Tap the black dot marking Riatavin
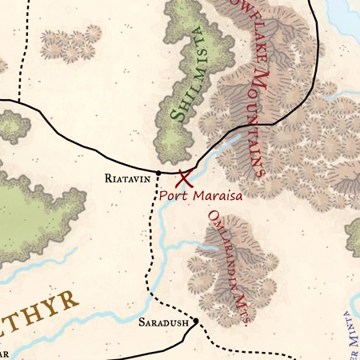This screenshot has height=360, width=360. (158, 172)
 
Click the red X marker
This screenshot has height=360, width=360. (185, 178)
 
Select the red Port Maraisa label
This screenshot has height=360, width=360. (199, 194)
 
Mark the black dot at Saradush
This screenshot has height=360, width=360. (194, 322)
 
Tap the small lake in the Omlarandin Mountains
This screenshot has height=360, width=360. (206, 249)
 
